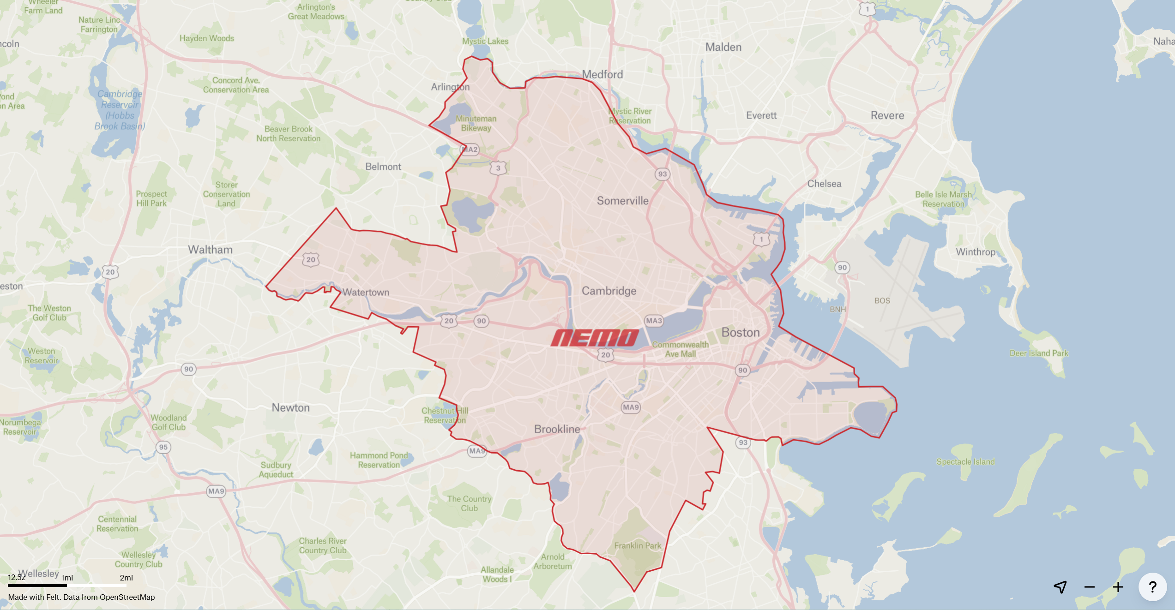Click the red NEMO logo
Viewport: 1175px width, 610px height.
[595, 338]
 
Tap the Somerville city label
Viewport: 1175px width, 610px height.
[622, 201]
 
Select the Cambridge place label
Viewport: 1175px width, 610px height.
[609, 291]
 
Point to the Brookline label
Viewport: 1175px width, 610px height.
[557, 429]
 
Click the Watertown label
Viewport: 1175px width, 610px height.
[366, 292]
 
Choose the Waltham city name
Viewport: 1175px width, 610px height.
[210, 250]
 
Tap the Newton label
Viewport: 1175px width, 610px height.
[290, 407]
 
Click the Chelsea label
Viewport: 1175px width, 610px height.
[824, 184]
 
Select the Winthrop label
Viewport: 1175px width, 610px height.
[976, 252]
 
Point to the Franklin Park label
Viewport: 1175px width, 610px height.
[638, 545]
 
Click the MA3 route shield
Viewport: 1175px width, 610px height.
[654, 321]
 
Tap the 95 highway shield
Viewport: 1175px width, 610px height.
[163, 447]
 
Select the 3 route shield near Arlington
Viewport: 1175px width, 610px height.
[498, 168]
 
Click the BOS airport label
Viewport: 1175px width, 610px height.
[882, 301]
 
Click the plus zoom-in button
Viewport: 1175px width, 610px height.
[1118, 587]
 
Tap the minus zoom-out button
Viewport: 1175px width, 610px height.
[1090, 587]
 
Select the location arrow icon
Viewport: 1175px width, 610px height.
[1060, 587]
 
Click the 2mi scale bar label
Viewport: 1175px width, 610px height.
[126, 578]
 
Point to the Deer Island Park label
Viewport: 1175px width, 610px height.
[1039, 353]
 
